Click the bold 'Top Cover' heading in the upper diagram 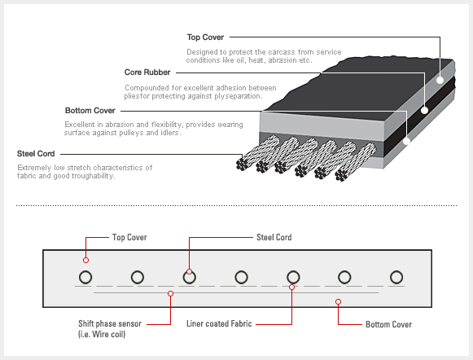tap(205, 37)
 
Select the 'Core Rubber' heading tap(147, 72)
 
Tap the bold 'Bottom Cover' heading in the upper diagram tap(90, 111)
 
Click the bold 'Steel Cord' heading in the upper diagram tap(36, 154)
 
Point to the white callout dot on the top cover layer tap(440, 80)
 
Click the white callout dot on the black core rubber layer tap(425, 111)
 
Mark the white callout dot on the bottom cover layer tap(407, 141)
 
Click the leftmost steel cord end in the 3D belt tap(243, 164)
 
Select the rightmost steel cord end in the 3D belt tap(341, 175)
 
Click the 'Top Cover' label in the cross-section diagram tap(129, 237)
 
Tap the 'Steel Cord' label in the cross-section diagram tap(274, 237)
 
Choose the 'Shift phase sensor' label tap(110, 324)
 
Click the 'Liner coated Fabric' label tap(219, 324)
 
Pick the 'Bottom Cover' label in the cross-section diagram tap(388, 324)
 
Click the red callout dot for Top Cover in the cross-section tap(86, 260)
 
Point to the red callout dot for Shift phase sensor tap(170, 293)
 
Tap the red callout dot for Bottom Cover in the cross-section tap(338, 301)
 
